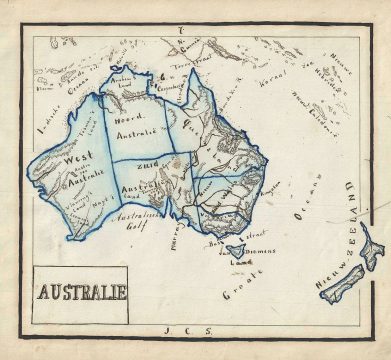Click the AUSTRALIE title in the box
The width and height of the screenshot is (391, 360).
pyautogui.click(x=81, y=293)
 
